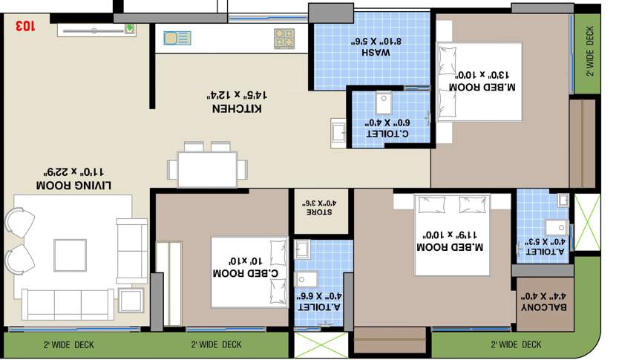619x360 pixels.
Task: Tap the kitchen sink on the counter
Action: pyautogui.click(x=177, y=37)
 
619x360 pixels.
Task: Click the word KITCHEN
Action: pyautogui.click(x=237, y=108)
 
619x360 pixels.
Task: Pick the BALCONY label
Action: pyautogui.click(x=544, y=307)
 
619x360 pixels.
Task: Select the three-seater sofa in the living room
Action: pyautogui.click(x=67, y=304)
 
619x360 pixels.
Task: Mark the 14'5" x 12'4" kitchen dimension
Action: pyautogui.click(x=237, y=95)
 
